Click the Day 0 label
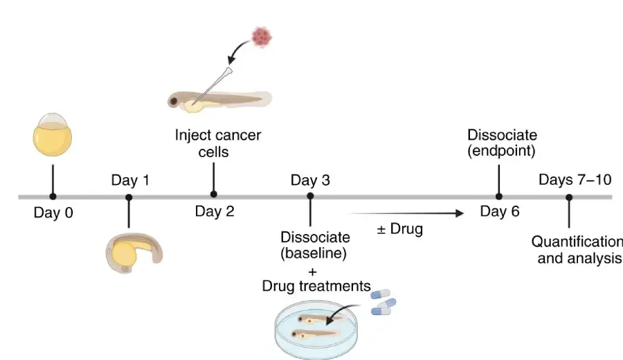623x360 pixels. (x=53, y=213)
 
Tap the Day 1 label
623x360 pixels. (x=130, y=181)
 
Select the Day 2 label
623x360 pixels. (x=215, y=212)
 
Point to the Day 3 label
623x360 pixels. (x=310, y=181)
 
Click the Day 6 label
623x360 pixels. (x=499, y=211)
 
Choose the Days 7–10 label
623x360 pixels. (x=575, y=181)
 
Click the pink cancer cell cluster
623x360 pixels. (x=262, y=35)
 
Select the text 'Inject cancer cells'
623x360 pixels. (x=218, y=142)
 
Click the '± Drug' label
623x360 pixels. (x=399, y=228)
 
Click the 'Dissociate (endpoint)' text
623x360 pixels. (x=502, y=142)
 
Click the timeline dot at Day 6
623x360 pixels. (x=498, y=197)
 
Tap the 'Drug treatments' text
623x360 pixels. (x=316, y=286)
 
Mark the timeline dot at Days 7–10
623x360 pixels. (x=569, y=197)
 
